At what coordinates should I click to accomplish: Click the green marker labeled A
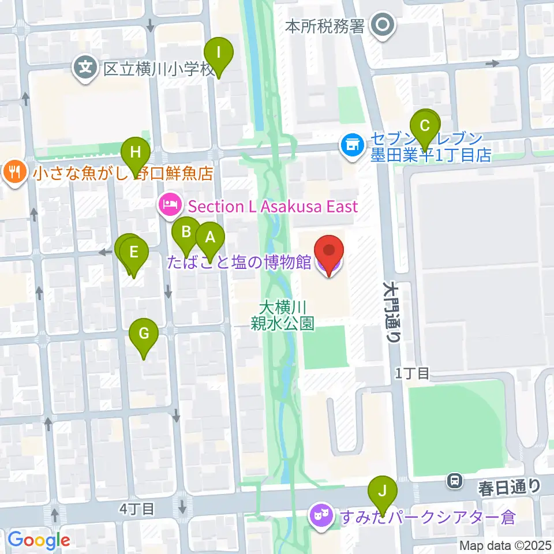pyautogui.click(x=209, y=237)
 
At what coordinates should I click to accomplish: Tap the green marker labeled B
pyautogui.click(x=186, y=233)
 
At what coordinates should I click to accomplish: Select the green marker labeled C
pyautogui.click(x=425, y=126)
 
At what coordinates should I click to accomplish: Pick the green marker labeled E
pyautogui.click(x=134, y=253)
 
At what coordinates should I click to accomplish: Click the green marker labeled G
pyautogui.click(x=144, y=334)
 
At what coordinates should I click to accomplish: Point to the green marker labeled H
pyautogui.click(x=136, y=153)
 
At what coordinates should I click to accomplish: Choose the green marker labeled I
pyautogui.click(x=219, y=53)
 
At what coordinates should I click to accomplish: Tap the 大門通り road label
pyautogui.click(x=391, y=312)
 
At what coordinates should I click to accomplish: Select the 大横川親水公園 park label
pyautogui.click(x=282, y=315)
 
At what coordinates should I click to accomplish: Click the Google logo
pyautogui.click(x=39, y=540)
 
